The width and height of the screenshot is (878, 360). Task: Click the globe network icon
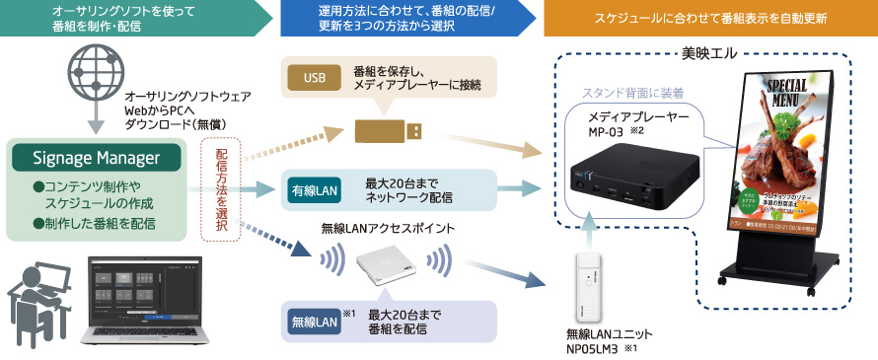pos(95,76)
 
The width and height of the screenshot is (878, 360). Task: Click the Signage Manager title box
pos(96,158)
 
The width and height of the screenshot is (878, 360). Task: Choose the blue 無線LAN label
pos(313,320)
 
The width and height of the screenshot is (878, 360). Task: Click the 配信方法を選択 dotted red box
pos(220,186)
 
